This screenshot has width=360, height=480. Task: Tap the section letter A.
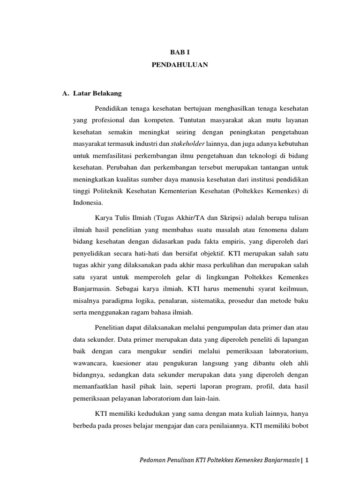[65, 93]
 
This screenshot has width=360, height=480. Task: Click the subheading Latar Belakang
[97, 93]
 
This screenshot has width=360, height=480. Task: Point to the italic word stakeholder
[187, 142]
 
